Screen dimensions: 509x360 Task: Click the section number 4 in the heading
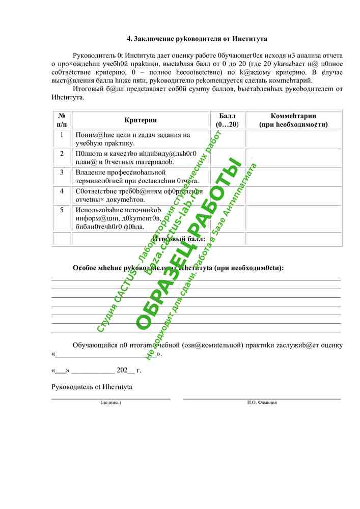point(129,39)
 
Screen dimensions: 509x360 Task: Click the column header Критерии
point(141,120)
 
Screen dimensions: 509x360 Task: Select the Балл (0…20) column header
point(227,120)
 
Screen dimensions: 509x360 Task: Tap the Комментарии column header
point(293,120)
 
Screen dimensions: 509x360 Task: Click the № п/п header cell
point(62,120)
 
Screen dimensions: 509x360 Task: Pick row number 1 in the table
point(62,135)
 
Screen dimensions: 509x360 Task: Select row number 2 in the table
point(62,154)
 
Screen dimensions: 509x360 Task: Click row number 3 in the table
point(62,173)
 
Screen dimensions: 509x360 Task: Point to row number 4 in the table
point(62,191)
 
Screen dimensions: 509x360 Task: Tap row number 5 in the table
point(62,210)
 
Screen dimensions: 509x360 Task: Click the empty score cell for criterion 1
point(227,139)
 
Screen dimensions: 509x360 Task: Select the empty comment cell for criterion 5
point(293,218)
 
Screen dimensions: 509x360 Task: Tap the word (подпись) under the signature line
point(111,402)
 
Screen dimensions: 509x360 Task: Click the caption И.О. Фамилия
point(262,402)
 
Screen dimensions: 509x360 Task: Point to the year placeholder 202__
point(125,370)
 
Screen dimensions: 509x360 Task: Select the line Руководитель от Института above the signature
point(92,387)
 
